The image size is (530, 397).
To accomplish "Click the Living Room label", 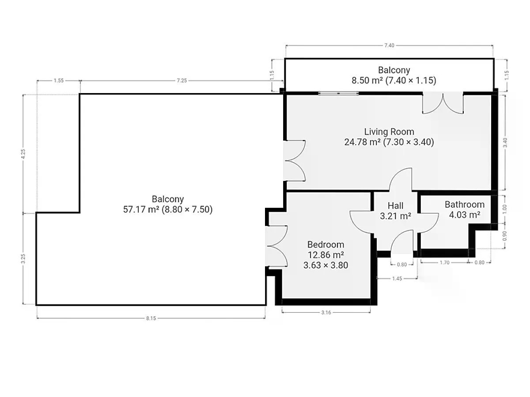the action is click(389, 131).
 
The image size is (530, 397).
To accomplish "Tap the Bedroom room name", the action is click(326, 244).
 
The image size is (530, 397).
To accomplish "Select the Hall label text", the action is click(395, 206).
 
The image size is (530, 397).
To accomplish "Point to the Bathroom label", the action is click(465, 204).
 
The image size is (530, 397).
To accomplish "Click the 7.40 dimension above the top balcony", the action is click(389, 45).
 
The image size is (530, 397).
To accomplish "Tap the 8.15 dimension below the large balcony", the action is click(151, 318).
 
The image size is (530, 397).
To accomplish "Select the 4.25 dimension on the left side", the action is click(23, 154).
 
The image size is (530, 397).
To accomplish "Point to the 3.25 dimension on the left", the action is click(23, 259).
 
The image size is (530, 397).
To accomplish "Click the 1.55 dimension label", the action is click(59, 81).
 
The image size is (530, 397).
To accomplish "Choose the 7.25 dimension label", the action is click(182, 81).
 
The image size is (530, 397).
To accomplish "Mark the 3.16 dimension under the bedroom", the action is click(326, 312).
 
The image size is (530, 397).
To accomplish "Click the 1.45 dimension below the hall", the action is click(397, 278).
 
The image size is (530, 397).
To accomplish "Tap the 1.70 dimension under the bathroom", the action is click(444, 262).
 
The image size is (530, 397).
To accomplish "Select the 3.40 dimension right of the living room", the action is click(505, 142).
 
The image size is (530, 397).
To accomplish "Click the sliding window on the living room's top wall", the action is click(338, 93).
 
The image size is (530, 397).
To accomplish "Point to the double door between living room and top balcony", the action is click(443, 103).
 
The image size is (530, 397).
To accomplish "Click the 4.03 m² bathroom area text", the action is click(465, 214).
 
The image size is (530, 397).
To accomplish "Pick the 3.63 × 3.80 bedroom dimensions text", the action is click(326, 265).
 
